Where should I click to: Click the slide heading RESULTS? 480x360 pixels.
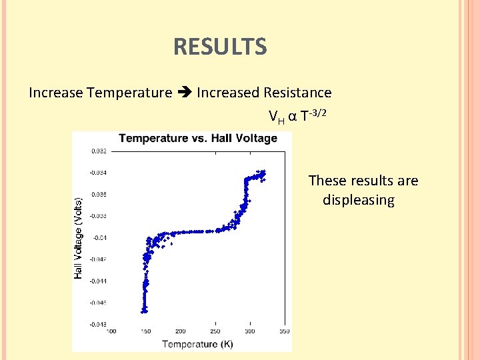coord(220,47)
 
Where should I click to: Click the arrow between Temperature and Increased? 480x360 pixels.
coord(184,93)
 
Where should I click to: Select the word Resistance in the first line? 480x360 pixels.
coord(298,93)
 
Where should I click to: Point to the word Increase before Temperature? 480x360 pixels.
coord(55,93)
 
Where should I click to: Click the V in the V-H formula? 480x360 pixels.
coord(273,117)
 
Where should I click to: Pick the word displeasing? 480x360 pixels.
coord(359,200)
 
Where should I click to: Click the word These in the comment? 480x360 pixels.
coord(326,181)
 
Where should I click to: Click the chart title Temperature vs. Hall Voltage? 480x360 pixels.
coord(198,139)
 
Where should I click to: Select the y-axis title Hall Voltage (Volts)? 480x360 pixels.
coord(79,237)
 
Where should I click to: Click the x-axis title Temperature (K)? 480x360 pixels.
coord(197,344)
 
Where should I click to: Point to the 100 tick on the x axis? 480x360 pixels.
coord(111,331)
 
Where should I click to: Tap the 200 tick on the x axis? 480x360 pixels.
coord(181,331)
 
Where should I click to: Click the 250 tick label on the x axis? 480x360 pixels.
coord(215,331)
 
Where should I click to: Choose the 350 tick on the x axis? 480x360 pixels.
coord(284,331)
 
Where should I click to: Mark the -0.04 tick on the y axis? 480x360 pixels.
coord(99,237)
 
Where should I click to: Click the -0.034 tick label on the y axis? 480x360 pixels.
coord(97,173)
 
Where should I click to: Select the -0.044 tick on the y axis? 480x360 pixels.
coord(97,281)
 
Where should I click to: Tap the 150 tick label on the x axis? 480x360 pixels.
coord(146,331)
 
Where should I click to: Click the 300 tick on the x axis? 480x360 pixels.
coord(249,331)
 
